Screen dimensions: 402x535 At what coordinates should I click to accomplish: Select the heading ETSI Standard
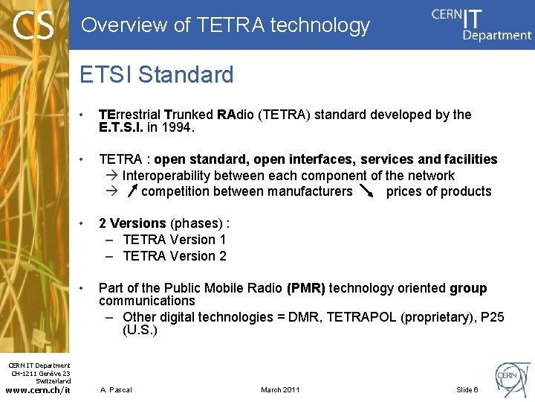pos(156,74)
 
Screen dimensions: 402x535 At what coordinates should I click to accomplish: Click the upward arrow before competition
pos(132,192)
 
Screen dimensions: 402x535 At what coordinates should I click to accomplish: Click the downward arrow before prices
pos(366,191)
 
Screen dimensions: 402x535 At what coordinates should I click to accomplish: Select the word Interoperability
pos(169,176)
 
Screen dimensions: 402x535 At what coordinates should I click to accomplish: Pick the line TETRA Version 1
pos(174,240)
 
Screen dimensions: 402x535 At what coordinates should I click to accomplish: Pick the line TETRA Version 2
pos(174,256)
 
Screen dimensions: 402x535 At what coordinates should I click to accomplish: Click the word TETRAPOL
pos(363,317)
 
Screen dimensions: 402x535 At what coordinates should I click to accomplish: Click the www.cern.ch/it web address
pos(37,389)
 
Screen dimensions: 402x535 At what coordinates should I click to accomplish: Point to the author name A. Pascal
pos(117,389)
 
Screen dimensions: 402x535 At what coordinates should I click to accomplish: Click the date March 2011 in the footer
pos(280,389)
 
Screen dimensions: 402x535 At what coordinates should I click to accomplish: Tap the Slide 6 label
pos(467,389)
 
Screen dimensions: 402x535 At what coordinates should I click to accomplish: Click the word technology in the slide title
pos(320,25)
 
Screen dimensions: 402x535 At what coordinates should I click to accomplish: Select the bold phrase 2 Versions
pos(132,223)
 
